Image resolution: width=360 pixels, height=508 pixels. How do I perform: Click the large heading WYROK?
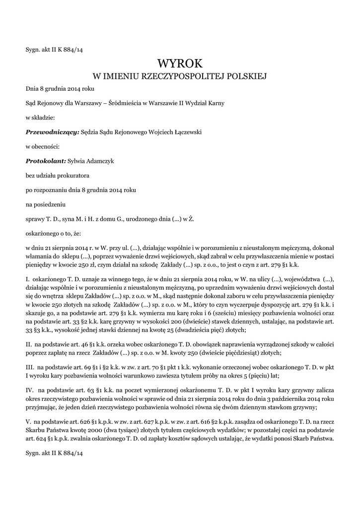[x=180, y=63]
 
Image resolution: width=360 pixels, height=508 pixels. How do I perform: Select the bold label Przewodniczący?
[x=52, y=132]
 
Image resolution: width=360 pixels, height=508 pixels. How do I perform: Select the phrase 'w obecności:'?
[x=43, y=146]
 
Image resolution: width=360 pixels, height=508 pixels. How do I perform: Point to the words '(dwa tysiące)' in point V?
[x=134, y=431]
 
